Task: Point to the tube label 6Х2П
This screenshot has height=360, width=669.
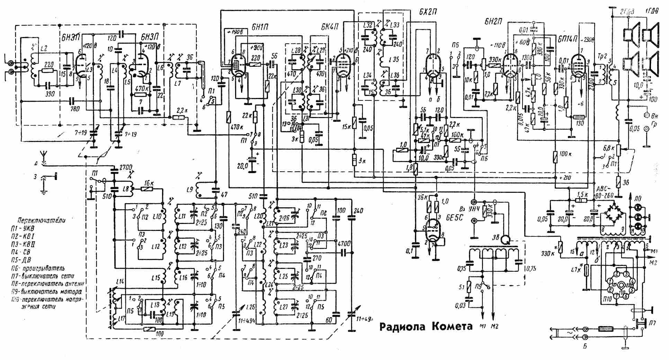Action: (x=427, y=11)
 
